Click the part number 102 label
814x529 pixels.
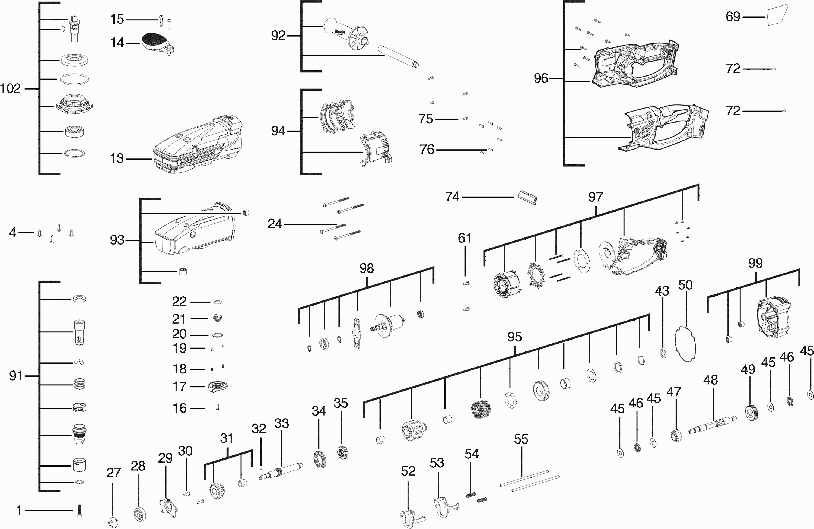11,89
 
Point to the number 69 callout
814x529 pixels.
733,17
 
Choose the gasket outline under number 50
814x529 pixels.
685,344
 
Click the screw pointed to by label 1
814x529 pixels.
79,511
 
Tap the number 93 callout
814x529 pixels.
117,240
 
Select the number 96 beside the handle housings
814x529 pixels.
541,78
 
